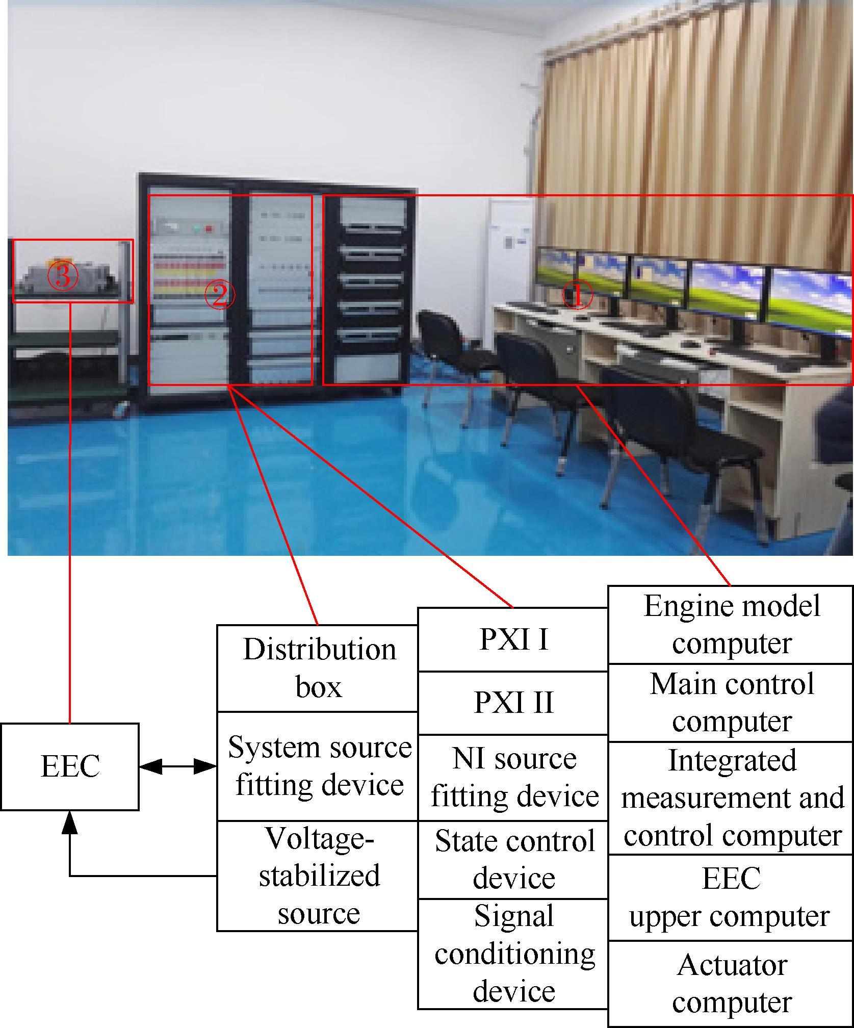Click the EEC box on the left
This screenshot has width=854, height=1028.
pos(70,766)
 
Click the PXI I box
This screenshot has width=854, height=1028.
pos(513,639)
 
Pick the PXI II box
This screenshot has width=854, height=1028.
pos(513,703)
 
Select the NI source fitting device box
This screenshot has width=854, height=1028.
pos(513,778)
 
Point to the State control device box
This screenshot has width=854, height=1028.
pos(513,859)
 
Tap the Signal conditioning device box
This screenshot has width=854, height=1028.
pos(513,954)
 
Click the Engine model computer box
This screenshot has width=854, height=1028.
pos(731,625)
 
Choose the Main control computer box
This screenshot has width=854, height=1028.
pos(731,703)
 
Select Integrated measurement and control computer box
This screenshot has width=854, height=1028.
pos(731,798)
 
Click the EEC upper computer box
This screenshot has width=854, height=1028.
pos(731,897)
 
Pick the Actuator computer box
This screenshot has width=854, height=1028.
pos(731,984)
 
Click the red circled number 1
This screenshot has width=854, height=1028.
pos(577,296)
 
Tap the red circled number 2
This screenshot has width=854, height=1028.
pos(219,296)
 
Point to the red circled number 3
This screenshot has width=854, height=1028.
pos(63,276)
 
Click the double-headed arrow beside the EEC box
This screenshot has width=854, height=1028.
pos(178,766)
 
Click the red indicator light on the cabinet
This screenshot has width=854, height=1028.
pos(208,228)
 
